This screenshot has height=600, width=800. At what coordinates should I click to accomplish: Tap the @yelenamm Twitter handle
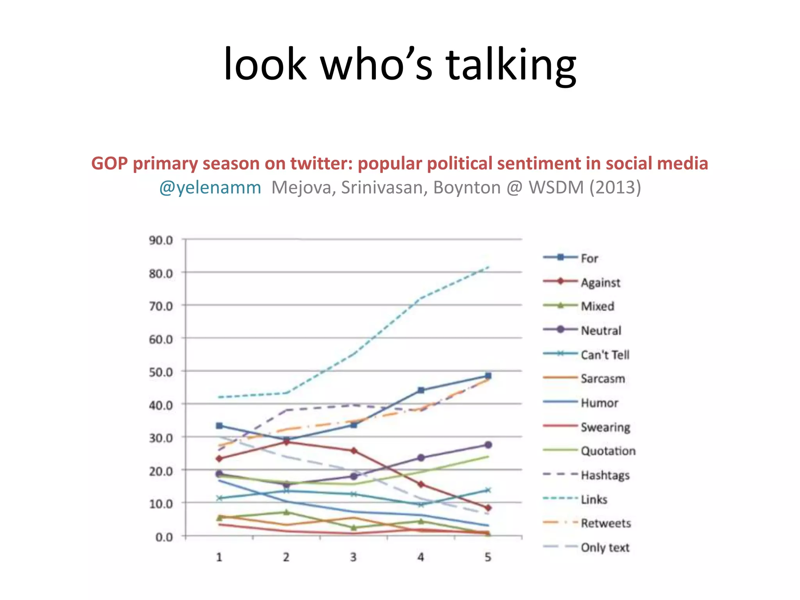(210, 188)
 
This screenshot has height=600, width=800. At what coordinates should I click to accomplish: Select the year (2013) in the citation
(615, 187)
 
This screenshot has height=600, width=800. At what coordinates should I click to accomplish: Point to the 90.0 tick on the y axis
(161, 240)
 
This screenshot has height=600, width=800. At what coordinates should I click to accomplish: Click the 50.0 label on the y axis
(161, 372)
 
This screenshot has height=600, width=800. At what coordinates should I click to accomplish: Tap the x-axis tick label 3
(354, 557)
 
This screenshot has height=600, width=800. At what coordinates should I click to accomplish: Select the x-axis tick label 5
(488, 557)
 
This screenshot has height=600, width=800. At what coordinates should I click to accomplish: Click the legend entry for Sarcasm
(602, 379)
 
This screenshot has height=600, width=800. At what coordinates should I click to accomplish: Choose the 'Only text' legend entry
(605, 547)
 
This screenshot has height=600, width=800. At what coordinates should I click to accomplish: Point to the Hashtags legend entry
(605, 475)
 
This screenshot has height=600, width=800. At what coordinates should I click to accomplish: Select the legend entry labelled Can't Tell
(605, 355)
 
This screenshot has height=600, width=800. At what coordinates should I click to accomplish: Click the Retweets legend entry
(605, 523)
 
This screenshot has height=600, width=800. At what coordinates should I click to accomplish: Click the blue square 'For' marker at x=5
(488, 376)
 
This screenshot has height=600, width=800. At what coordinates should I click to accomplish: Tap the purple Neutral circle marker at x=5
(488, 445)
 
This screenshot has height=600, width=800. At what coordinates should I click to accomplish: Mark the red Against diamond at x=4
(421, 484)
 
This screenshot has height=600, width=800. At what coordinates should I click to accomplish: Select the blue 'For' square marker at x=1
(219, 426)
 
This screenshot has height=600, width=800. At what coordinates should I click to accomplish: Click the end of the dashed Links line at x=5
(488, 267)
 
